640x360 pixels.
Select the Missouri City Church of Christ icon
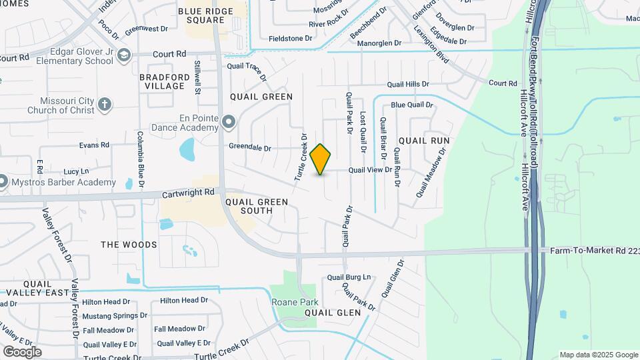(x=104, y=104)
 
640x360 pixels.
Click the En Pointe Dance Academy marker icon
(x=229, y=122)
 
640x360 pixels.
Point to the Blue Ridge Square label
(x=205, y=15)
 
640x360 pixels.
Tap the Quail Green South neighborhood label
(x=257, y=206)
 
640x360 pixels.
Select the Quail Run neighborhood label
(x=424, y=141)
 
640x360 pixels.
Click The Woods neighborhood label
(x=129, y=245)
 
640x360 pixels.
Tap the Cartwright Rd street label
(x=189, y=193)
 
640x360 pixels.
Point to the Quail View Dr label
(x=370, y=170)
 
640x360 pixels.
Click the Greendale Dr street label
(x=250, y=148)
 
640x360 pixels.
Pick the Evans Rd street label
(x=94, y=145)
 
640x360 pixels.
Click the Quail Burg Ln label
(x=349, y=277)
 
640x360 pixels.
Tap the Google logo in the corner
(x=22, y=351)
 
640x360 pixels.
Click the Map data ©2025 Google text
(x=599, y=355)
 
